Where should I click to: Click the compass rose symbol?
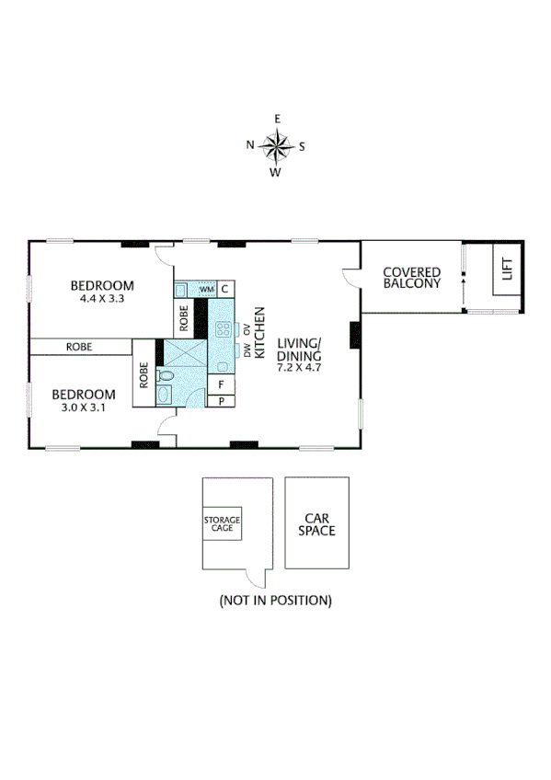(275, 145)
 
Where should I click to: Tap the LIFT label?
(506, 270)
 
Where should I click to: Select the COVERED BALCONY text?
(411, 277)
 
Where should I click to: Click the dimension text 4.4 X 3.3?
(102, 298)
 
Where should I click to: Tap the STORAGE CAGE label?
(222, 525)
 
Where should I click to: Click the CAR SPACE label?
(316, 524)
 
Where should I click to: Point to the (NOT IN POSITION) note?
(275, 601)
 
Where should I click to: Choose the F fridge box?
(222, 385)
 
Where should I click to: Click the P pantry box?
(222, 401)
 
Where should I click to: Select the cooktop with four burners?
(222, 328)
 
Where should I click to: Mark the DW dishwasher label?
(247, 350)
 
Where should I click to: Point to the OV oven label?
(247, 329)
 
